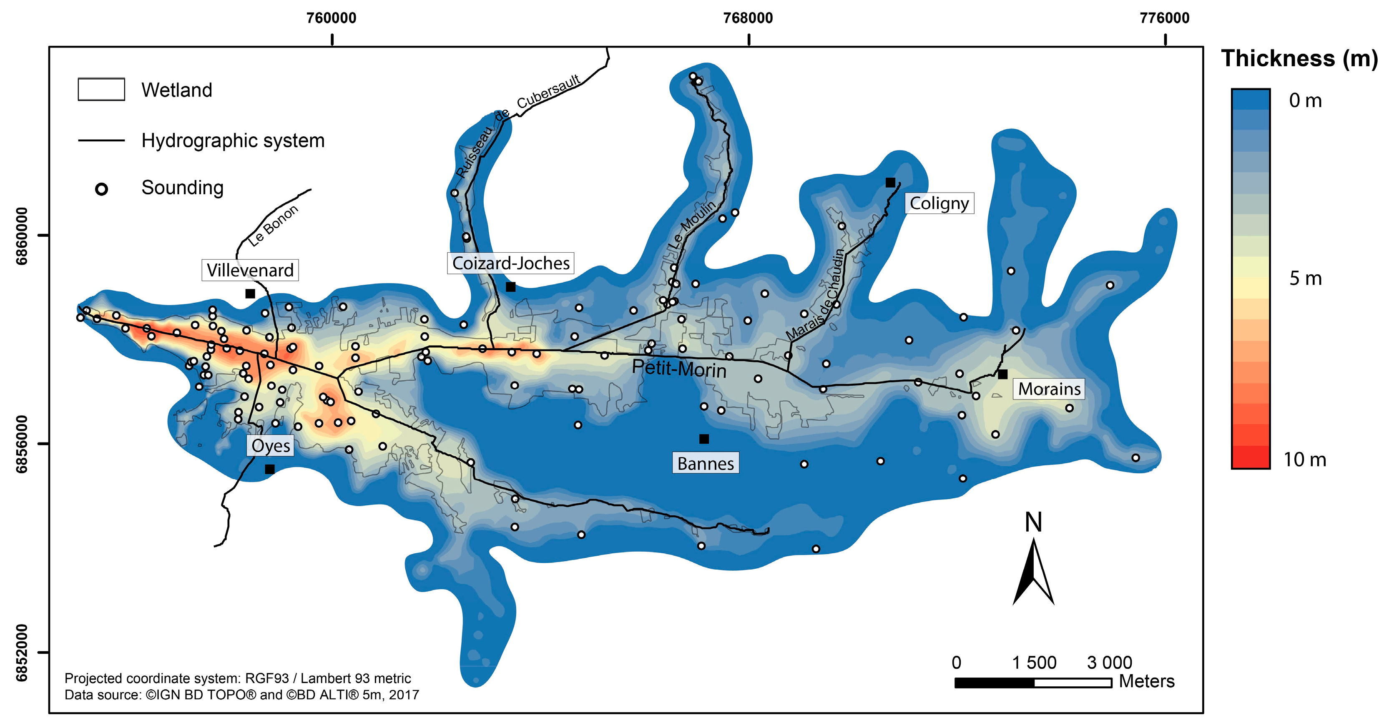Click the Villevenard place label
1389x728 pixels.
(x=250, y=270)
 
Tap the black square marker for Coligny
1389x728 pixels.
(x=890, y=183)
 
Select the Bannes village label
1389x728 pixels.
(x=705, y=463)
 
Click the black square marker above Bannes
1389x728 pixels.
(x=703, y=439)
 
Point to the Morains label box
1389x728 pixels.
(x=1049, y=389)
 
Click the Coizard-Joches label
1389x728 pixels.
(x=510, y=263)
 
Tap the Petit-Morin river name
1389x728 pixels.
(x=679, y=369)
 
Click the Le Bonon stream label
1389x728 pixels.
(x=273, y=226)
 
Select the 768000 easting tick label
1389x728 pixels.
(x=748, y=18)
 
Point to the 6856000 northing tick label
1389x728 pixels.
(x=22, y=444)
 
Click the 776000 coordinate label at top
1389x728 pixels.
(x=1164, y=18)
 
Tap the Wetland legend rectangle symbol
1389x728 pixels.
(x=101, y=90)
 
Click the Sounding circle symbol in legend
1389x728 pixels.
(x=101, y=189)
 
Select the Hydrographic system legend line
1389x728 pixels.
(x=101, y=141)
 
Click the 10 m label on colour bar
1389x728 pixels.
(x=1304, y=459)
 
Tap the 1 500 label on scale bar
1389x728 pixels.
(x=1034, y=662)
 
